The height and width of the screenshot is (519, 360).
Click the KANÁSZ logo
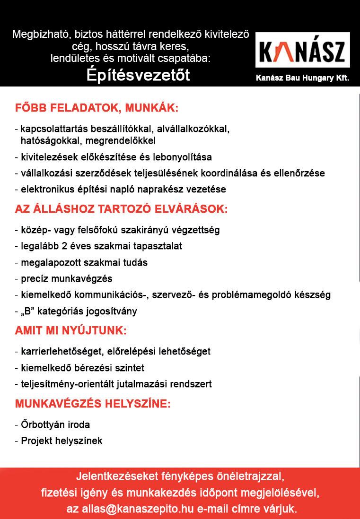pos(303,51)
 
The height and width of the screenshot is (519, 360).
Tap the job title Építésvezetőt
pos(139,75)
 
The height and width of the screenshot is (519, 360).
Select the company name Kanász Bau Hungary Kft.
pos(302,78)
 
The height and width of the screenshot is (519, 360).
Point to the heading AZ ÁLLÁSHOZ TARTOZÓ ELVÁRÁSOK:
pos(122,209)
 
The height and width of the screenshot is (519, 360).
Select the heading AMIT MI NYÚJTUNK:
pos(71,330)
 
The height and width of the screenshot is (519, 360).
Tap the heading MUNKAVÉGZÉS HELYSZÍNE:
pos(93,404)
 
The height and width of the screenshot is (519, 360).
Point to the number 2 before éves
pos(65,246)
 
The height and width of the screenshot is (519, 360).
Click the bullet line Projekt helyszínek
pos(61,441)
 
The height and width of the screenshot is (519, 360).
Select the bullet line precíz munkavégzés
pos(66,278)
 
